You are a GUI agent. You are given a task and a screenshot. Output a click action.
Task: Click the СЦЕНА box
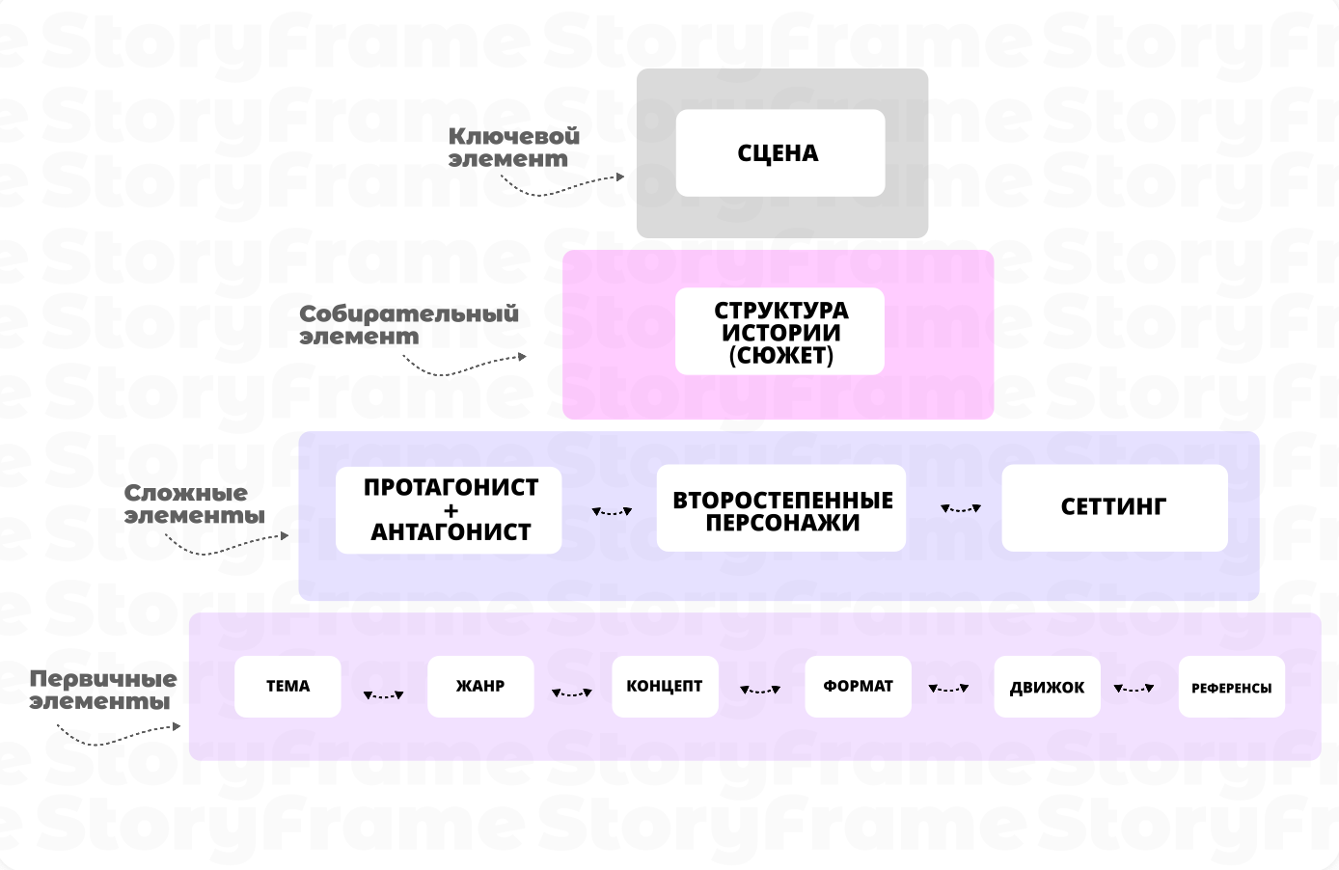(779, 153)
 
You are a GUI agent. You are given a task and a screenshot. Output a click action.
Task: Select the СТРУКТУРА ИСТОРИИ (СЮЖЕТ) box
(779, 332)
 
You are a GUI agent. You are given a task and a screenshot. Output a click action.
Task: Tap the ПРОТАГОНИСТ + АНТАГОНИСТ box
(449, 509)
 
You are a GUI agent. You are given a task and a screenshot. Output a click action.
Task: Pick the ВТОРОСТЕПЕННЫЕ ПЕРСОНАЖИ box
(781, 509)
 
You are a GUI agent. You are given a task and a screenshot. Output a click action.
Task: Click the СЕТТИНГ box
(1114, 508)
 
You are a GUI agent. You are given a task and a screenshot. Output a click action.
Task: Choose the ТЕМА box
(287, 687)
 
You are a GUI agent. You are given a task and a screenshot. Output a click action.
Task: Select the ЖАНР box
(480, 687)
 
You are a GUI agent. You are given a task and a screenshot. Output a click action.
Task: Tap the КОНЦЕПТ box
(665, 687)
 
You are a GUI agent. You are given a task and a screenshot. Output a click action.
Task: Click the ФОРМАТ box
(858, 687)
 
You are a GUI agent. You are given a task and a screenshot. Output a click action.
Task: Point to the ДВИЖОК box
(1047, 687)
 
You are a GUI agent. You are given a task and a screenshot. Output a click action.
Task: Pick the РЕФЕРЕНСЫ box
(1231, 687)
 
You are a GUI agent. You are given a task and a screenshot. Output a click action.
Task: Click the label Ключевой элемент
(513, 148)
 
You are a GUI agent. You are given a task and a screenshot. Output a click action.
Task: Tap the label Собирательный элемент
(408, 325)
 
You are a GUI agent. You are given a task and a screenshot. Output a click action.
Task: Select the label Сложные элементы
(194, 504)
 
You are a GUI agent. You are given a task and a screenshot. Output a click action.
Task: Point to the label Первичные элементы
(102, 690)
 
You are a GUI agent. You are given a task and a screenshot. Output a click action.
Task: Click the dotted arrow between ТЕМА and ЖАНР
(384, 694)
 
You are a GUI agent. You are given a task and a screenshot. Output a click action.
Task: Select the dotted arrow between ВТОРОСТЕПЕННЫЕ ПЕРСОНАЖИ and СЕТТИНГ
(961, 508)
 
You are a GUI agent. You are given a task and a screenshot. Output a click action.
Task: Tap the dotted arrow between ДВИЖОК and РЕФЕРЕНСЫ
(1134, 689)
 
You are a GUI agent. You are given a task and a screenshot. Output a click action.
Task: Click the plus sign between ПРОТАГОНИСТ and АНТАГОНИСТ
(451, 510)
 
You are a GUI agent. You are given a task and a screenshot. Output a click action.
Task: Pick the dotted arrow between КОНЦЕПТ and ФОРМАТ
(760, 690)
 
